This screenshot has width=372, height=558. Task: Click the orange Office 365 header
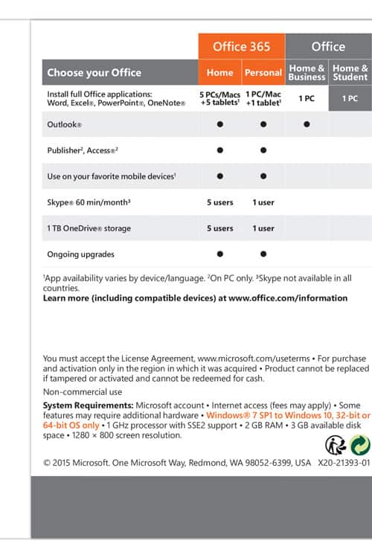click(242, 46)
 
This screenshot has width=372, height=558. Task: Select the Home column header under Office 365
click(219, 73)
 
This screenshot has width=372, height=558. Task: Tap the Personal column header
click(263, 73)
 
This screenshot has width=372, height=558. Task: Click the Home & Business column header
click(307, 72)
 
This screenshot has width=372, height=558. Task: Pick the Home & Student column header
click(350, 72)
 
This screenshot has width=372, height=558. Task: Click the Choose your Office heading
click(94, 73)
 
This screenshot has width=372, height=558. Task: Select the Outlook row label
click(65, 124)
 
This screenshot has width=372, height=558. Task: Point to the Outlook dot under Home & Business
click(307, 124)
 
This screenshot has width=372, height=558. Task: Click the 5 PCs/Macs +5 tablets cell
click(219, 98)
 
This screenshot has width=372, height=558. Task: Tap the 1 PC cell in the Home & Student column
click(350, 98)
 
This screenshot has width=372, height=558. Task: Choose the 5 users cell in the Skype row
click(220, 202)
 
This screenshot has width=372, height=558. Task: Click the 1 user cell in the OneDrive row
click(263, 228)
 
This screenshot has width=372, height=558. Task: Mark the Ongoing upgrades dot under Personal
click(263, 254)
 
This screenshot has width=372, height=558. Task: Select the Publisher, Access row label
click(83, 150)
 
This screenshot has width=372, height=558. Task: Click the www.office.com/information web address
click(288, 298)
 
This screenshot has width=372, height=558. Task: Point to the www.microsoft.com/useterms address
click(254, 359)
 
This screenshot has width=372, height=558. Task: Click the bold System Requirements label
click(89, 405)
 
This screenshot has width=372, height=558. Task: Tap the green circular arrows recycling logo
click(360, 445)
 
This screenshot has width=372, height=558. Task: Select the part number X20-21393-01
click(344, 463)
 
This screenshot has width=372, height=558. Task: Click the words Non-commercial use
click(83, 392)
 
